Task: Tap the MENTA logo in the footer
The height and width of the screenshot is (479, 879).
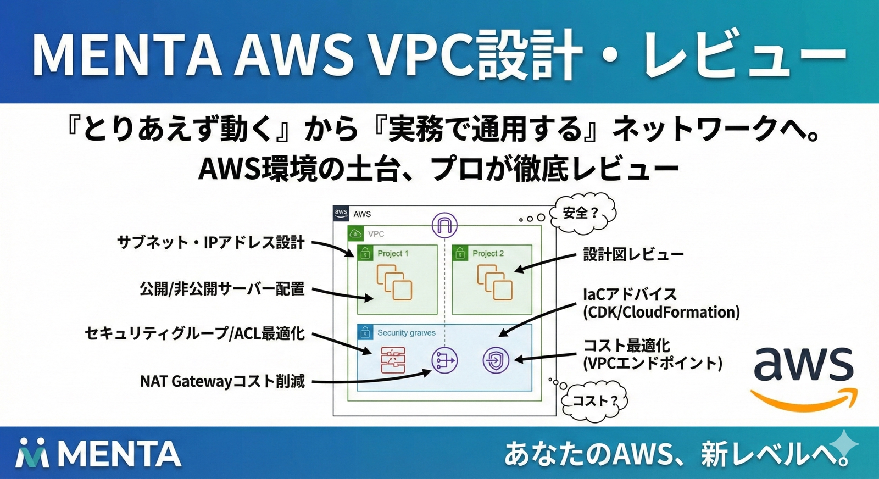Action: [99, 454]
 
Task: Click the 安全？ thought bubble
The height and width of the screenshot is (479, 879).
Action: [582, 213]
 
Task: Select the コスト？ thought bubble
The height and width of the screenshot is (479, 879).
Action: [595, 400]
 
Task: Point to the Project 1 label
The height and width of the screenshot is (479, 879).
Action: [392, 253]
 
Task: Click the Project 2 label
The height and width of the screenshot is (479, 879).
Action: [488, 253]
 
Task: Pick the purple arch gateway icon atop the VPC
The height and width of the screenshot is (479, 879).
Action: [444, 224]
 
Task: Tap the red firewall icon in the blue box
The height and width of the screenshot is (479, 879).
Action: [393, 360]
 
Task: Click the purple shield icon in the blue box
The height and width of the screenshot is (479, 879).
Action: [496, 360]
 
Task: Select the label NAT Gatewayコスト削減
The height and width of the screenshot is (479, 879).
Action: [222, 381]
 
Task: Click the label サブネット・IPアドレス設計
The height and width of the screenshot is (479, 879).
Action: [211, 242]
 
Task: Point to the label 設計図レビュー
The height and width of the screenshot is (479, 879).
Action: [633, 254]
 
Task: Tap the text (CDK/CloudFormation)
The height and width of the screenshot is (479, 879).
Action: [661, 312]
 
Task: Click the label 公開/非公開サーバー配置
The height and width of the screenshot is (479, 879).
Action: [222, 288]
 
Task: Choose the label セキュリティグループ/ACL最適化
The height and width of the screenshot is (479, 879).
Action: [194, 333]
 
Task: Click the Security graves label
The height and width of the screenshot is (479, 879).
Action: [406, 332]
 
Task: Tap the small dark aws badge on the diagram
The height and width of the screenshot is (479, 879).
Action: [341, 213]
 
